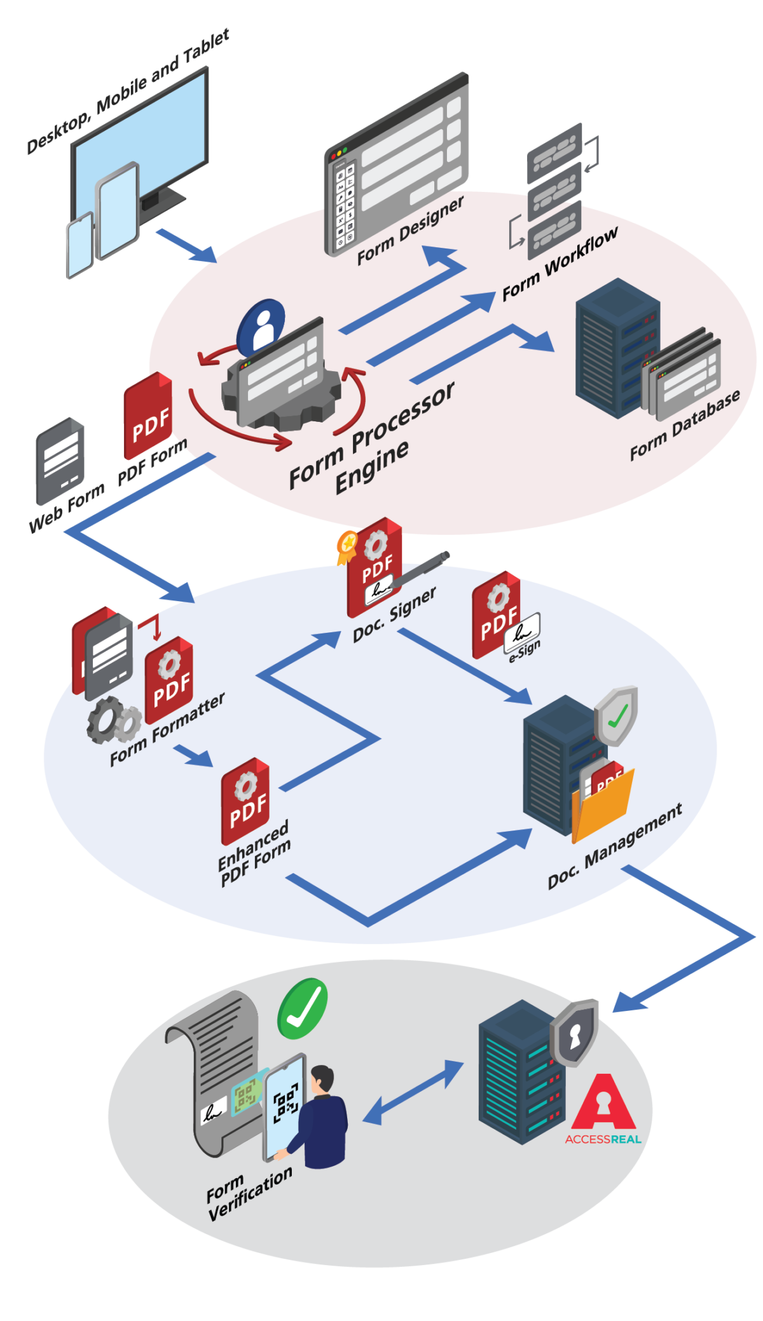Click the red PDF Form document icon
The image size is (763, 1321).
[x=148, y=417]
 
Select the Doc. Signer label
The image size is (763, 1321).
[x=395, y=613]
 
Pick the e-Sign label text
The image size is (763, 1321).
[x=525, y=652]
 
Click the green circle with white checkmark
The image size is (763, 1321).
[x=303, y=1008]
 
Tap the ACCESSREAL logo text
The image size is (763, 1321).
[x=603, y=1139]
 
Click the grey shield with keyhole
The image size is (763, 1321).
[x=575, y=1033]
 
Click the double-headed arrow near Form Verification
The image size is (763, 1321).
[x=414, y=1092]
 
